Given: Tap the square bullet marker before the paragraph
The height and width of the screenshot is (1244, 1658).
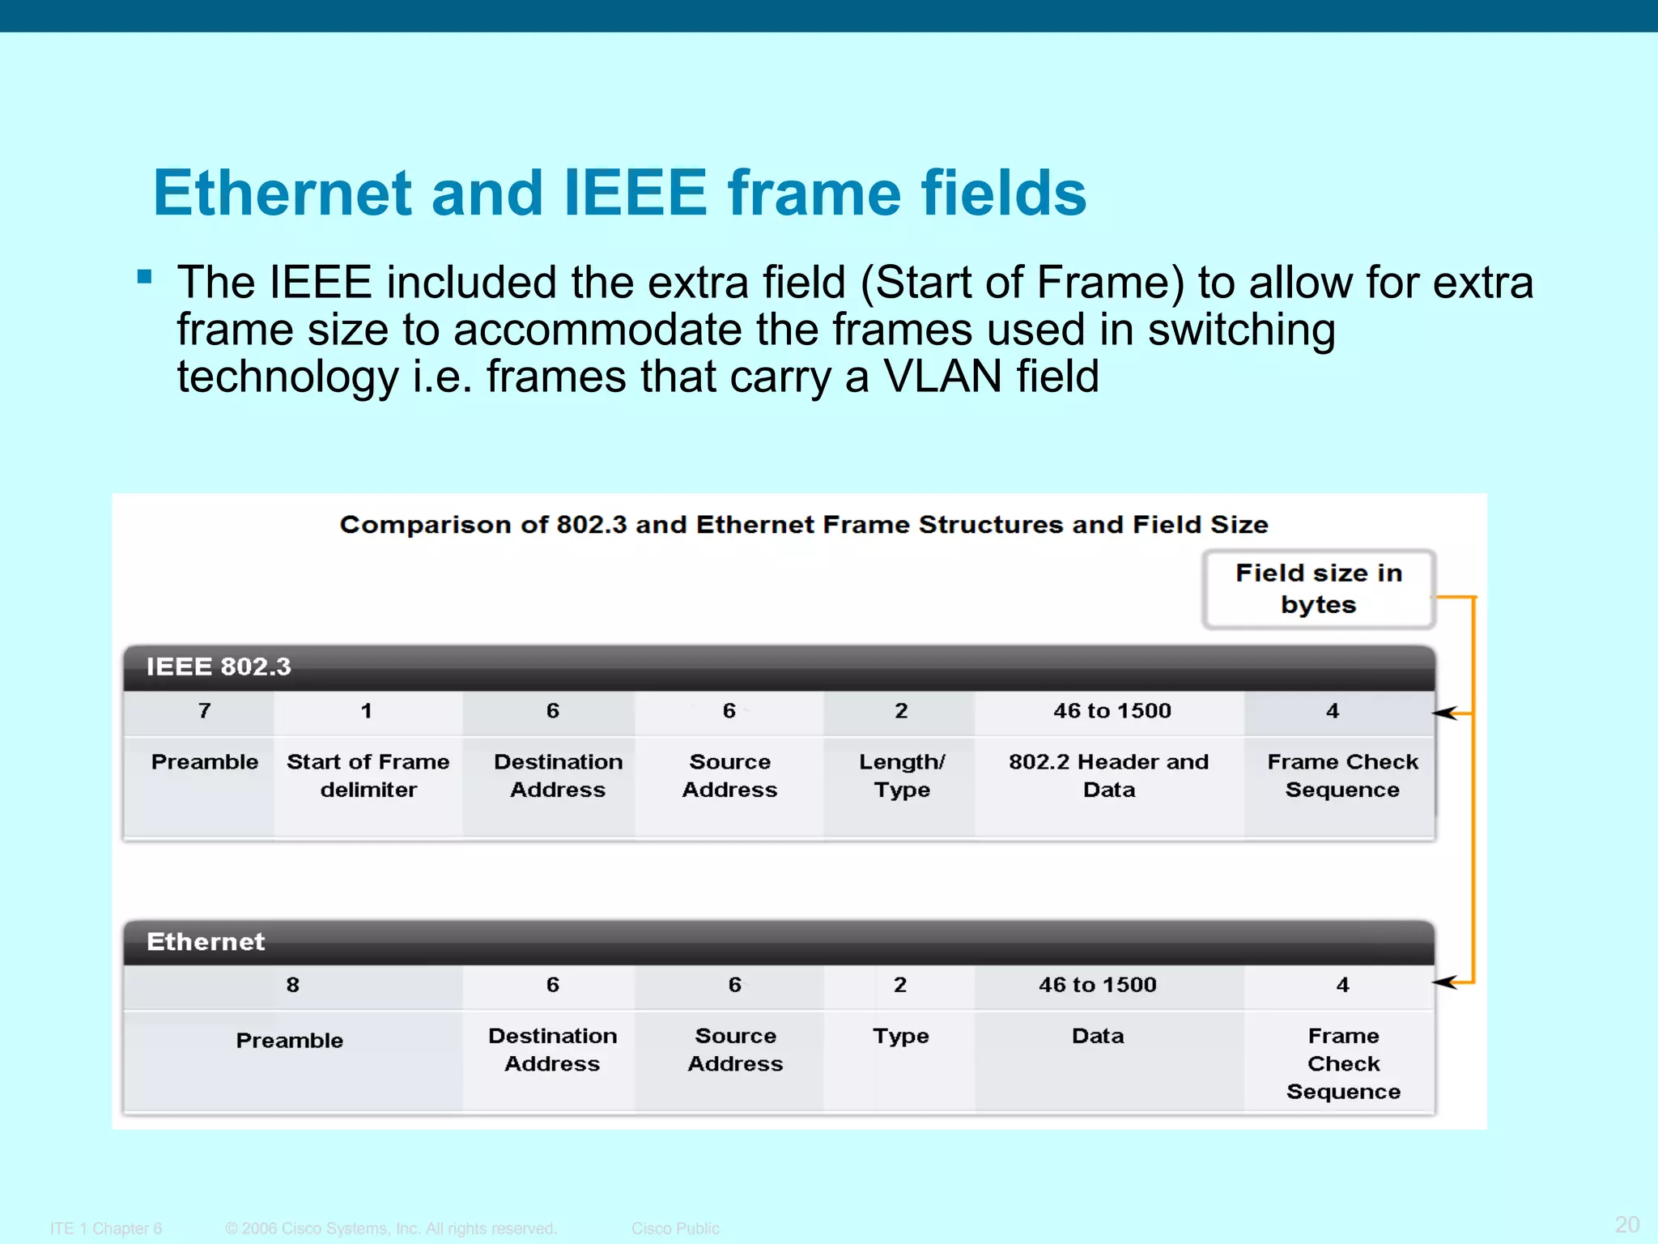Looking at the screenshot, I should [x=145, y=277].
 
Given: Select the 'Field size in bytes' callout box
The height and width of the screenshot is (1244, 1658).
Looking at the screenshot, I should [x=1318, y=589].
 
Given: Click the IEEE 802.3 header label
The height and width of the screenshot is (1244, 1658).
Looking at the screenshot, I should [x=218, y=667].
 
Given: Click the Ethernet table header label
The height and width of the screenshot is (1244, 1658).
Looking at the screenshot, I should [x=206, y=941].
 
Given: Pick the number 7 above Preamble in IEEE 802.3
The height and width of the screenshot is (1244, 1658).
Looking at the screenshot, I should [x=205, y=711].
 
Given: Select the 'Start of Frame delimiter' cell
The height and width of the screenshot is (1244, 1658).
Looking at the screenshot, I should [x=368, y=775].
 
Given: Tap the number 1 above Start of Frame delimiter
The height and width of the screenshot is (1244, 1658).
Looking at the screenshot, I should [x=367, y=711].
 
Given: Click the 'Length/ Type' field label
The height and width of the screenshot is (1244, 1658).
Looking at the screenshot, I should [x=901, y=775].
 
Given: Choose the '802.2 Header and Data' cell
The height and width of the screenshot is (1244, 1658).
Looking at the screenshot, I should [x=1108, y=775].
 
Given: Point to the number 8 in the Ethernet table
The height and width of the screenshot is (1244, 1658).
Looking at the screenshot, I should [x=292, y=985].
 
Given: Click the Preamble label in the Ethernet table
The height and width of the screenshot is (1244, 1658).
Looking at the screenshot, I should [x=290, y=1040].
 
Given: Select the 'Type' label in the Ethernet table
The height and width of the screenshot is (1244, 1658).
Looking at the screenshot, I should [x=900, y=1036].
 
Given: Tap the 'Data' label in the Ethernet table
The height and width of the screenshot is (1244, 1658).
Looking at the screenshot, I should [x=1098, y=1036].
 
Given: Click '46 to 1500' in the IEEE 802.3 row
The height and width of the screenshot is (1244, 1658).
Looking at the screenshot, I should [x=1112, y=711].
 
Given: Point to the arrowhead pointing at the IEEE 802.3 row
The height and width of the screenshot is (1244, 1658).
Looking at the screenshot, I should [x=1444, y=714].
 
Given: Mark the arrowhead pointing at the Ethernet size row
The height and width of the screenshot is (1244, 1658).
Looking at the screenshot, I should [x=1444, y=982].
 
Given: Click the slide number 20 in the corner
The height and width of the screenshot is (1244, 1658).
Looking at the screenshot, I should [x=1626, y=1224].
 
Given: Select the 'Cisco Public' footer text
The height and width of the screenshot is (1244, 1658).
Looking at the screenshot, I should [x=675, y=1228].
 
